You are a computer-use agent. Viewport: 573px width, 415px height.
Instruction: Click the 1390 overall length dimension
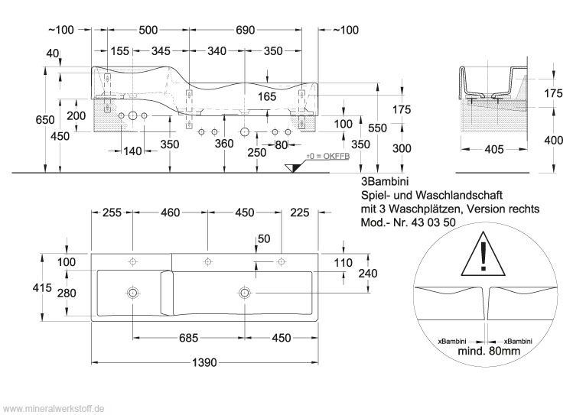(x=204, y=362)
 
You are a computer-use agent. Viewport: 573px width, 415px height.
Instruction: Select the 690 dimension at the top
(x=245, y=30)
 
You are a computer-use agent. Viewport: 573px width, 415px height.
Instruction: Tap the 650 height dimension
(x=45, y=120)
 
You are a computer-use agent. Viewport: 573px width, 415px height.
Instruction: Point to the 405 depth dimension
(x=493, y=149)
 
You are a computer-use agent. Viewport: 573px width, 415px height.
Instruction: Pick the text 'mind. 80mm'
(x=489, y=351)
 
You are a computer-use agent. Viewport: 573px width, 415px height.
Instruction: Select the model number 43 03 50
(x=434, y=222)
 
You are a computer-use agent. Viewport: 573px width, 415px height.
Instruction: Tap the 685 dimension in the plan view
(x=188, y=338)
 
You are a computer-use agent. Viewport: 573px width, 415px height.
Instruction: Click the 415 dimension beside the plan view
(x=42, y=287)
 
